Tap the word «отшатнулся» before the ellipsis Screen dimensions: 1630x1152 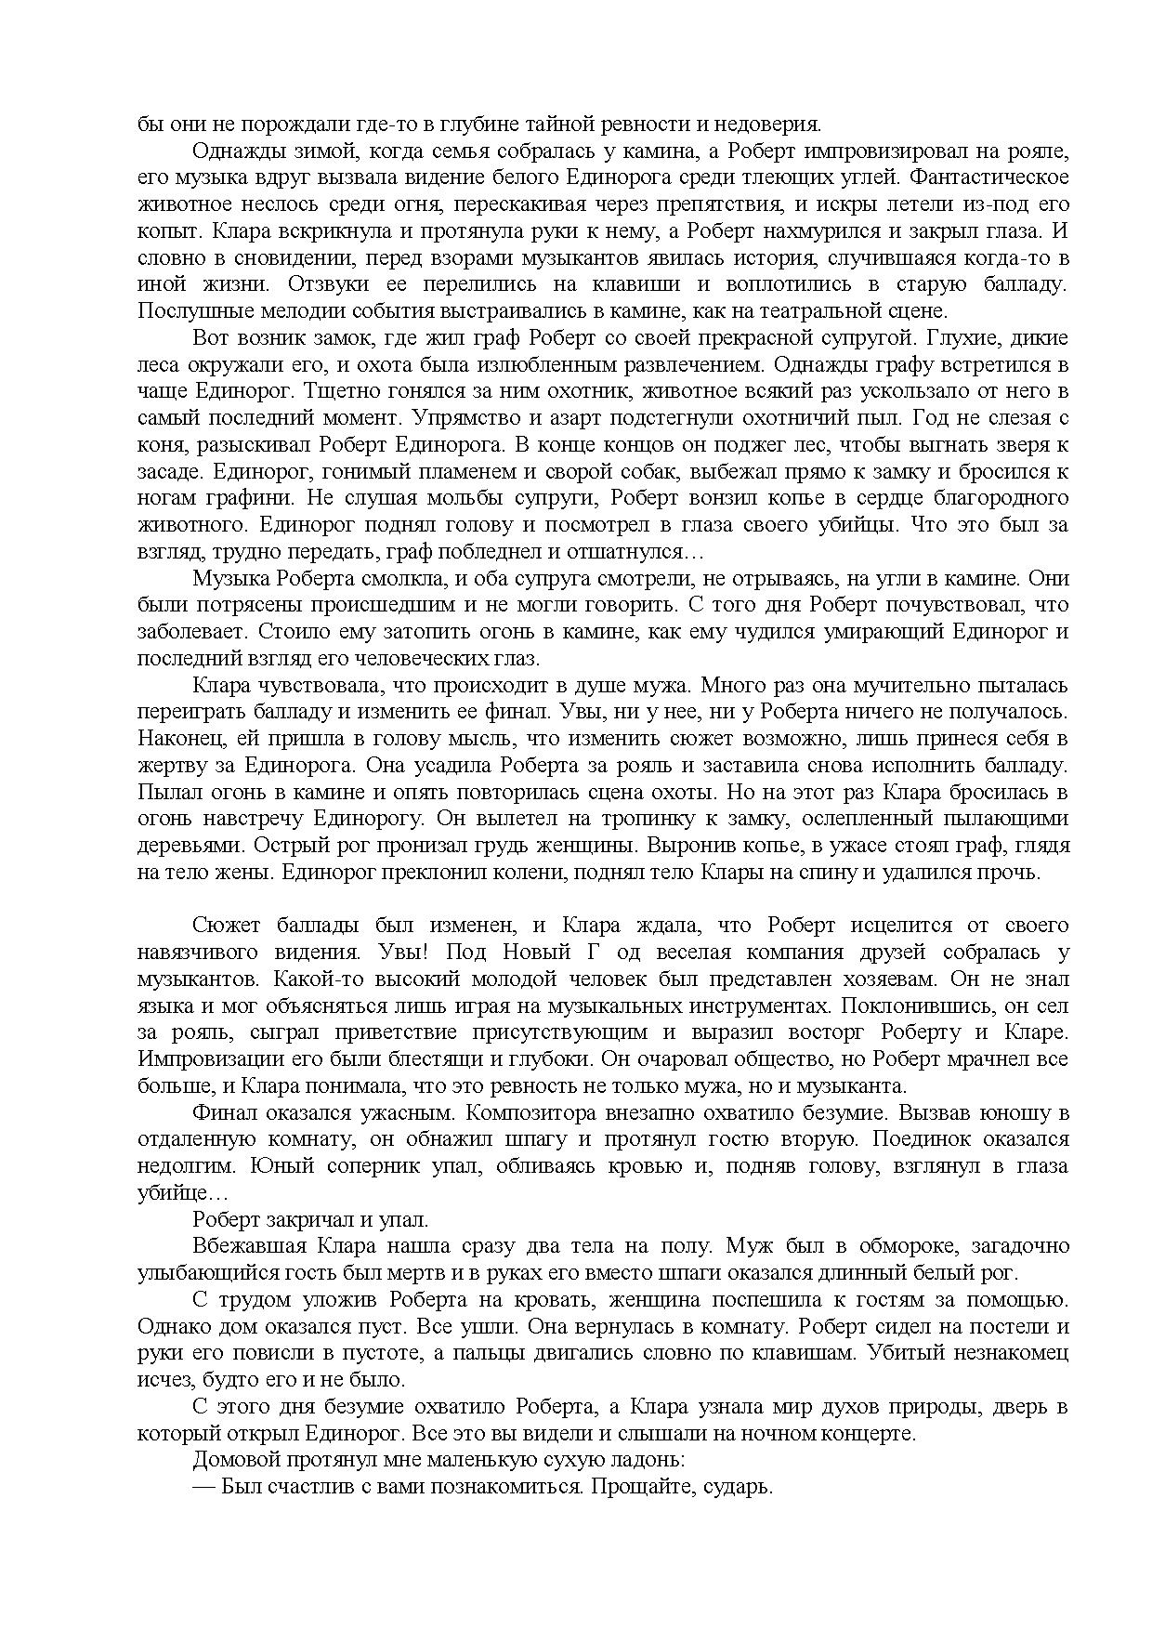633,551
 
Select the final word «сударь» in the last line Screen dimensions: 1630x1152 743,1486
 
